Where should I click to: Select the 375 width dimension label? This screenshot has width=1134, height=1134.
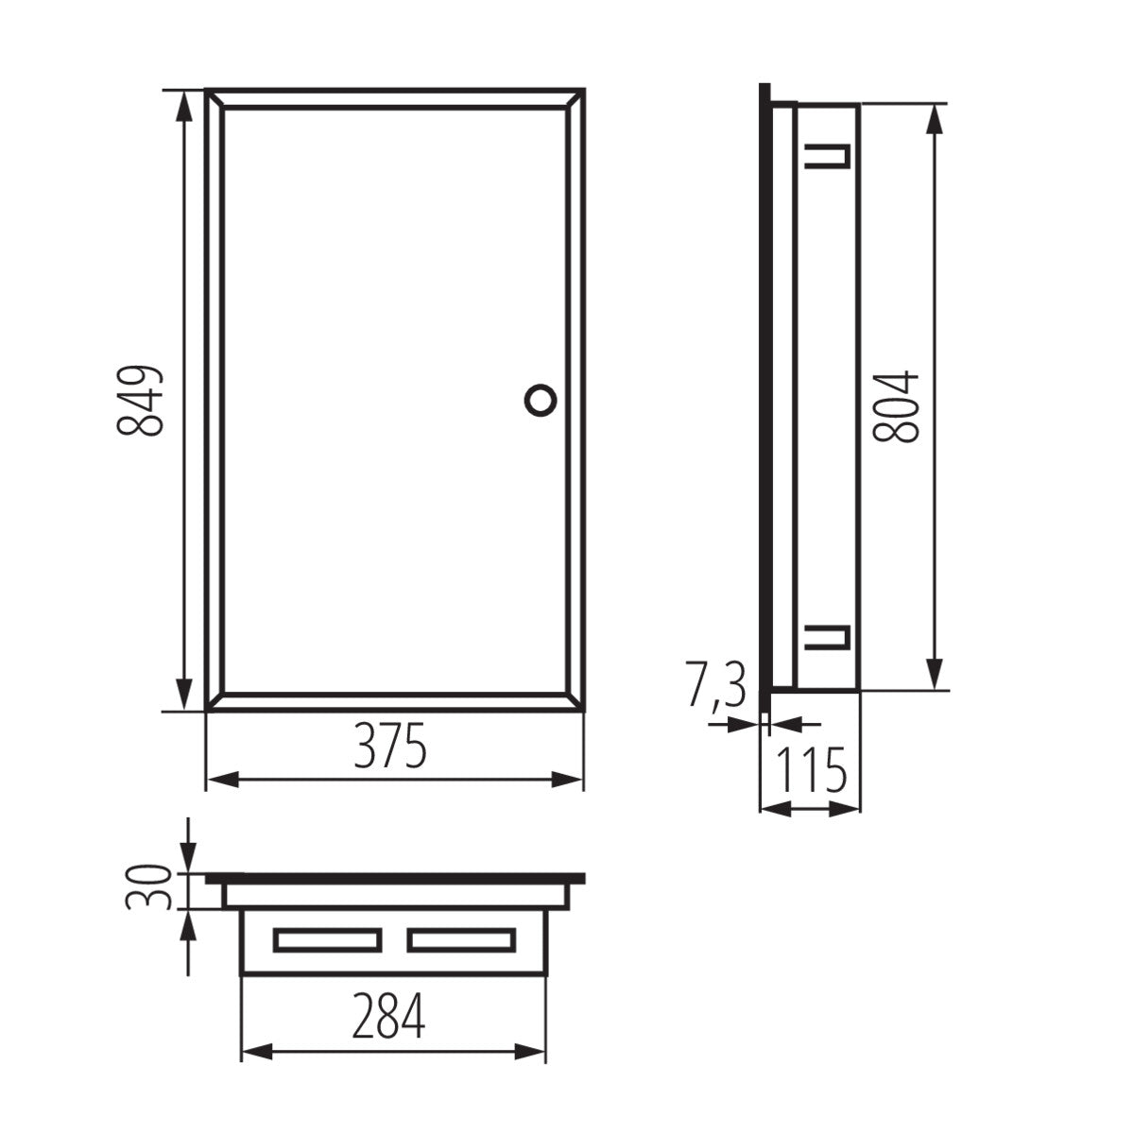click(x=391, y=747)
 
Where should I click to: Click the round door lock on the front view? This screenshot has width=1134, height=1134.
click(x=540, y=398)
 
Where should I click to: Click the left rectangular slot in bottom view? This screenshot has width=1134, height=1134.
click(x=326, y=939)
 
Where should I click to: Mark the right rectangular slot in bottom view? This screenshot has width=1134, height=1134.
click(x=462, y=939)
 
